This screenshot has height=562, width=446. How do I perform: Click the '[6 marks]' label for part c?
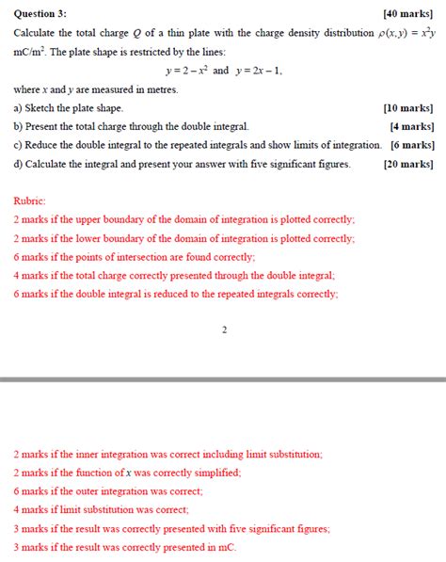click(x=412, y=145)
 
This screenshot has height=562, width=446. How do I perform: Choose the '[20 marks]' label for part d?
click(x=409, y=164)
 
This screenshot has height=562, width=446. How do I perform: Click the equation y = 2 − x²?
click(x=186, y=71)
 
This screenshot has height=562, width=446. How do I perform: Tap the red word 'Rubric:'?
click(x=30, y=201)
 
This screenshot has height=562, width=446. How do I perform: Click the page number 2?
click(x=224, y=329)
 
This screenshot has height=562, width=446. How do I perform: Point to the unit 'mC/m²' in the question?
click(x=29, y=52)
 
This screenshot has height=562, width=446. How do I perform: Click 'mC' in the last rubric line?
click(x=227, y=547)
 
